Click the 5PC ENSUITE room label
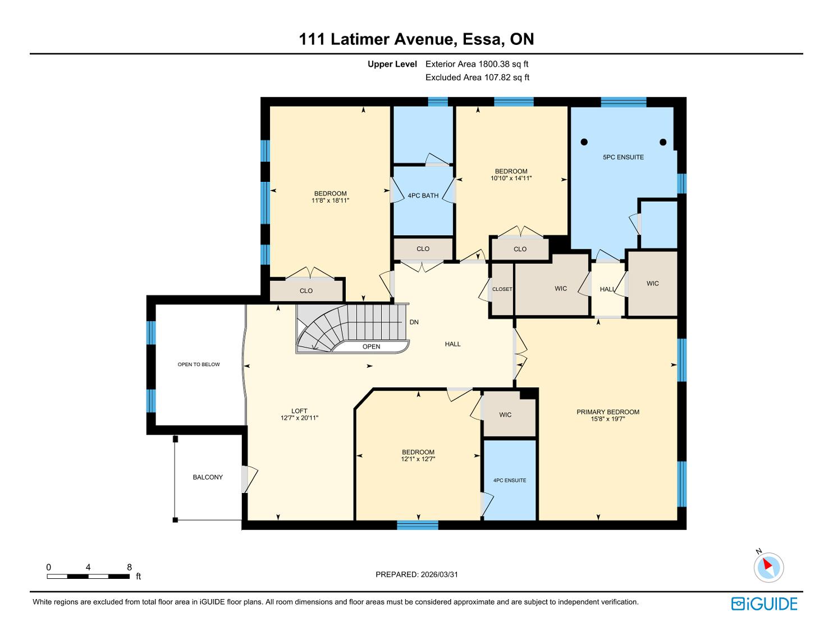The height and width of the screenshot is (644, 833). point(623,157)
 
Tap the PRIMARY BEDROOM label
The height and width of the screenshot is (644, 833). point(607,412)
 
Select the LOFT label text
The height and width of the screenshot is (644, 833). point(299,411)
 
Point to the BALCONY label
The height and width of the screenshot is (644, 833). point(207,477)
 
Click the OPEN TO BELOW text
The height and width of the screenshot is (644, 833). point(199,364)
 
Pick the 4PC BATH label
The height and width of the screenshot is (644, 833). point(423,195)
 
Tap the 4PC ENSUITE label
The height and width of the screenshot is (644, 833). point(510,480)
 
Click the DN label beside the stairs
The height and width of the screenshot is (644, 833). point(414,322)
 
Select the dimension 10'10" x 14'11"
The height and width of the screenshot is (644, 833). point(511,178)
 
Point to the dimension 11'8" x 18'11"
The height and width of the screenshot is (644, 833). point(330,200)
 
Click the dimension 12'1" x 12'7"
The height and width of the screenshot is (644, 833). point(418,459)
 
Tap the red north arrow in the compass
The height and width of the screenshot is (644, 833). point(767,564)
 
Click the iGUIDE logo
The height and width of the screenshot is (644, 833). point(764,604)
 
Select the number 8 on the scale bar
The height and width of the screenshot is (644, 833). point(129,567)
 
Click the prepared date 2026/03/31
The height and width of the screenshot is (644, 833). point(440,574)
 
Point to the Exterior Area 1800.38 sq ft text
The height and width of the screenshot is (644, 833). point(477,64)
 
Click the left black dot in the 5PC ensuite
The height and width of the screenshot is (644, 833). point(584,142)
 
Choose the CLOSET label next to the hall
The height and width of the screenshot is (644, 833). point(502,289)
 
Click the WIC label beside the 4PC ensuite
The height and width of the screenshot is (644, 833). point(505,415)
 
